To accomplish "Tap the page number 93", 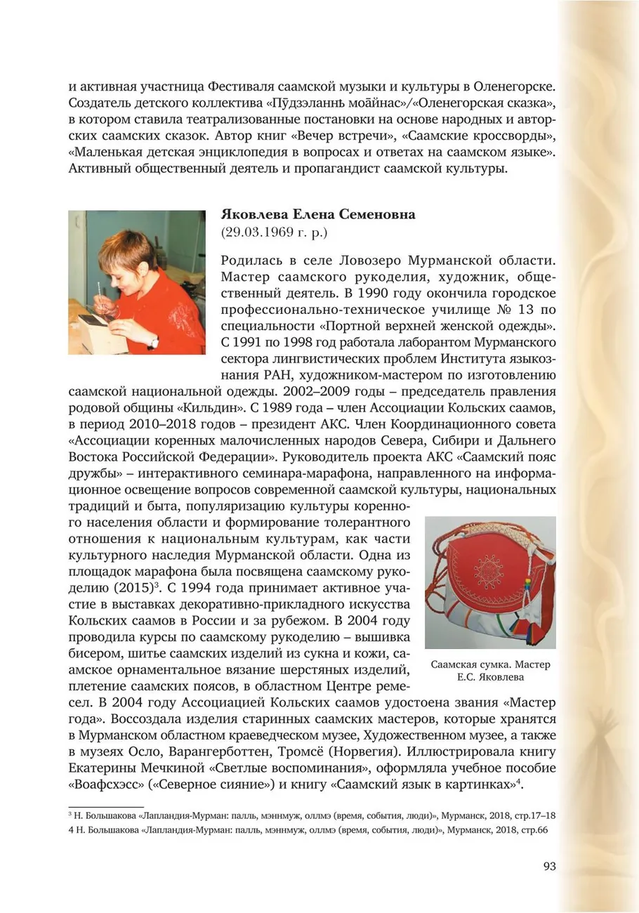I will point(549,866).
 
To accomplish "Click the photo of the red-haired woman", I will point(137,282).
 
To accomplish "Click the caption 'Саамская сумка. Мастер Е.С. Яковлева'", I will point(490,671).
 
